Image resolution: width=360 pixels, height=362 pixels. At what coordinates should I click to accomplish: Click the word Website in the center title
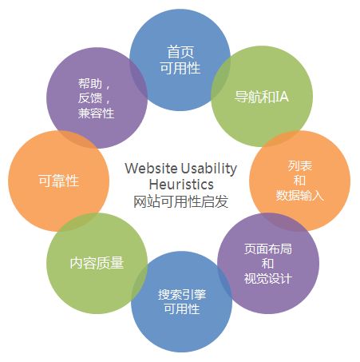click(x=151, y=168)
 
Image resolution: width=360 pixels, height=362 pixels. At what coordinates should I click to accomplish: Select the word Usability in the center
click(x=209, y=169)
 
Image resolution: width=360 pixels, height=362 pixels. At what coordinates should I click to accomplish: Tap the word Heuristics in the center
click(x=181, y=185)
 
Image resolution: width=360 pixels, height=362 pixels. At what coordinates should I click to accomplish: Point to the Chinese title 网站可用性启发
click(x=180, y=201)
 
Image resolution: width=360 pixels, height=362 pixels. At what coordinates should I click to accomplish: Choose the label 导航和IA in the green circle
click(x=262, y=97)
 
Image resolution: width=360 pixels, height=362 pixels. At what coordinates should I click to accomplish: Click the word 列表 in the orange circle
click(x=300, y=165)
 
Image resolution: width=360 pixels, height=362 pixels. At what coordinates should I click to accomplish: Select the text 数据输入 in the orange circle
click(x=299, y=196)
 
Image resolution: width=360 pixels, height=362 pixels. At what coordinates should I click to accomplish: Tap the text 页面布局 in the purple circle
click(x=268, y=249)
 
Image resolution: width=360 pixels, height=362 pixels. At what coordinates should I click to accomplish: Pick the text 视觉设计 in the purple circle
click(x=268, y=279)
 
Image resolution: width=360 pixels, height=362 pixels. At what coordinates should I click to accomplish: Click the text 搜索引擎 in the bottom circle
click(x=182, y=295)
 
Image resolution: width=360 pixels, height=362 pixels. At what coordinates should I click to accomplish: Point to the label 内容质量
click(x=97, y=263)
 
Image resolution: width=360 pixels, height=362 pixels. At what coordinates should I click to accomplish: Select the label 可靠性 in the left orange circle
click(x=59, y=181)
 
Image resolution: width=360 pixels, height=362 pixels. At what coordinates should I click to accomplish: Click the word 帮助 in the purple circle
click(x=90, y=84)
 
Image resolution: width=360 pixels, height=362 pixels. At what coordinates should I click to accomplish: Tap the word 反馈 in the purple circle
click(x=90, y=98)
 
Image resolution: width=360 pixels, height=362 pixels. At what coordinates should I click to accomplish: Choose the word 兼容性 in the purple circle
click(x=96, y=113)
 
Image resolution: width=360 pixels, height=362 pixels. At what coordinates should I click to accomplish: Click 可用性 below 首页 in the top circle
click(x=180, y=68)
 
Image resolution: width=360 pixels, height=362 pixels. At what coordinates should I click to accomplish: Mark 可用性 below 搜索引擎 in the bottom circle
click(x=182, y=309)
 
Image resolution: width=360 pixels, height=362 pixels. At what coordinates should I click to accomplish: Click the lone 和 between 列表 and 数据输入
click(x=299, y=181)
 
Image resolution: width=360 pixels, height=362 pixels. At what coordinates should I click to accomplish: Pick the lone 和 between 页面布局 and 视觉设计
click(x=268, y=264)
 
